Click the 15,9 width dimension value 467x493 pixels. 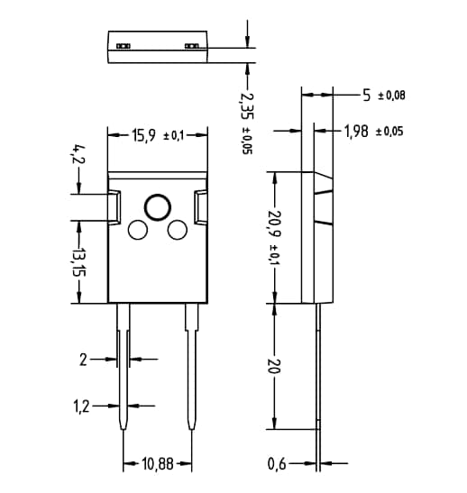click(x=143, y=136)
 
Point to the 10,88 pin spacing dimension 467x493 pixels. click(x=158, y=465)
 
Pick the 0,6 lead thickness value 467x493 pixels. click(x=279, y=465)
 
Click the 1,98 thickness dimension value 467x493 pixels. click(x=360, y=132)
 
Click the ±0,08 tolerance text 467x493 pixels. click(x=390, y=95)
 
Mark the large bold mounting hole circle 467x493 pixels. click(x=157, y=206)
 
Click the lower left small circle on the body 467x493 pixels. click(x=138, y=230)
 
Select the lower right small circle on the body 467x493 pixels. click(x=177, y=230)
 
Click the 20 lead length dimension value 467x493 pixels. click(x=275, y=368)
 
